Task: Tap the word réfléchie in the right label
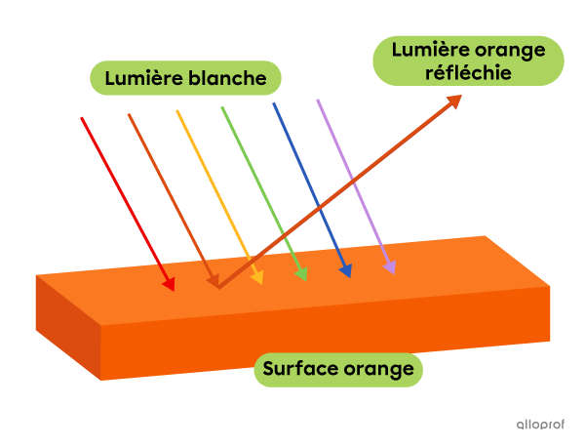point(469,72)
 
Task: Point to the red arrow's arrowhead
point(170,284)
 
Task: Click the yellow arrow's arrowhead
point(257,278)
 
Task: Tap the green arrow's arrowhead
point(302,274)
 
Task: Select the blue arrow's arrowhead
point(346,271)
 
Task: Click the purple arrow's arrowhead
point(390,266)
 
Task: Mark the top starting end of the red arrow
point(81,118)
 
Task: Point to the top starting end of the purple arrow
point(317,100)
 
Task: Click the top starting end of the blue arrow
point(273,103)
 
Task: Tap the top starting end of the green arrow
point(222,107)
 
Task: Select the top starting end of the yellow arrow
point(176,111)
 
